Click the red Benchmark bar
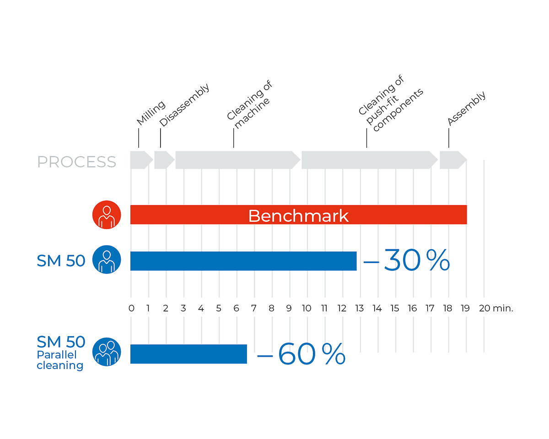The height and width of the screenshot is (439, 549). coord(298,215)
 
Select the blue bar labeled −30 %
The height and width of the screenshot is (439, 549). coord(243,261)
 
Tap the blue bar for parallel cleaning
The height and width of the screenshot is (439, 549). coord(188,354)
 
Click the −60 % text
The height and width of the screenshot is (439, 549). coord(301,354)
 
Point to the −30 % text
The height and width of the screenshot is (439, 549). coord(406,261)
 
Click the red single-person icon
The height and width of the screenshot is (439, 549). coord(107,214)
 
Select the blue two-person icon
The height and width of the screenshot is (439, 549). coord(107,353)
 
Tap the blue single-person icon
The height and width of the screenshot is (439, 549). coord(107,260)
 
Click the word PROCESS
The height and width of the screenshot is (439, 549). coord(76,162)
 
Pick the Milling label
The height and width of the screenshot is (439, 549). coord(151,113)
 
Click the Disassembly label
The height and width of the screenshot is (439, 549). coord(185,105)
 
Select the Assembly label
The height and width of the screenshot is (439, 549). coord(467,108)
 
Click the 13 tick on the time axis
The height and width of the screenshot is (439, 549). coord(360,308)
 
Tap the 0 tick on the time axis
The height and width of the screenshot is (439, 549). coord(131,308)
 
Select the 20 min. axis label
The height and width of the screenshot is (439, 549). coord(496,308)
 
